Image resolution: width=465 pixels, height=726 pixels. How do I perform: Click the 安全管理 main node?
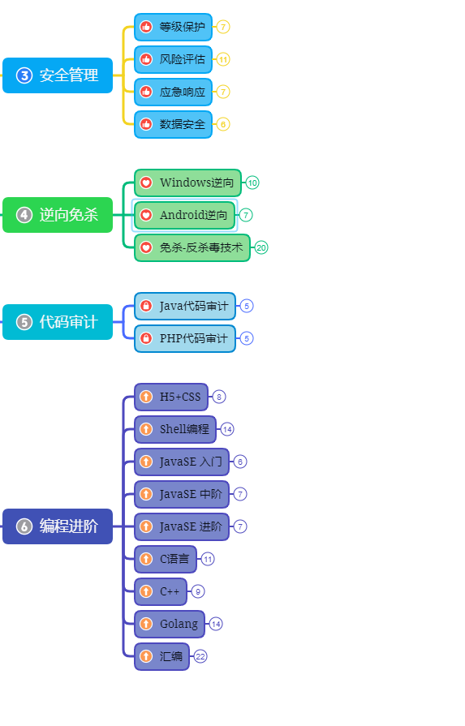tap(58, 75)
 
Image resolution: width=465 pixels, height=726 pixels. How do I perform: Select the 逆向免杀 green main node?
tap(58, 215)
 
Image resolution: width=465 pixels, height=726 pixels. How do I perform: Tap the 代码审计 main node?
tap(58, 322)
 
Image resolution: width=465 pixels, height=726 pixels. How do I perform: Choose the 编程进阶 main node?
tap(58, 526)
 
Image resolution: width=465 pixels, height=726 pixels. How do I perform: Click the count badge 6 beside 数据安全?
tap(223, 124)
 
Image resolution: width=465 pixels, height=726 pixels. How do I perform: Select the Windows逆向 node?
tap(187, 183)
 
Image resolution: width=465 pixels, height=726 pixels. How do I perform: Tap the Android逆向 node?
tap(184, 215)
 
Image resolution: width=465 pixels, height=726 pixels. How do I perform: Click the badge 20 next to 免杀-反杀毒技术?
tap(261, 247)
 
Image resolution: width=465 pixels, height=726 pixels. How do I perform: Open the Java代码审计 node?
tap(185, 306)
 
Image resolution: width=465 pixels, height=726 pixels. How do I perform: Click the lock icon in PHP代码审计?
tap(146, 338)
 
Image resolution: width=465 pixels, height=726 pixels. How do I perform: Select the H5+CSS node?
tap(171, 397)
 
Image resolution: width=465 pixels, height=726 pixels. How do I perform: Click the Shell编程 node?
tap(175, 429)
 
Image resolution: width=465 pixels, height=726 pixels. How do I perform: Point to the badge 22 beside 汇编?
tap(200, 656)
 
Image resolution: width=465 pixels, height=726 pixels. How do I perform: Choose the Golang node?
tap(170, 624)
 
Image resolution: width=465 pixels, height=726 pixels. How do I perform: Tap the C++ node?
tap(161, 591)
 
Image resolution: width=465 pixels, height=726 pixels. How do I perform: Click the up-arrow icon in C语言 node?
tap(146, 559)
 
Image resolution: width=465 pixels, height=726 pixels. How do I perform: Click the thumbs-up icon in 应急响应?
tap(146, 92)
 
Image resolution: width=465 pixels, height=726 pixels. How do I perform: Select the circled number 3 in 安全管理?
tap(24, 75)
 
